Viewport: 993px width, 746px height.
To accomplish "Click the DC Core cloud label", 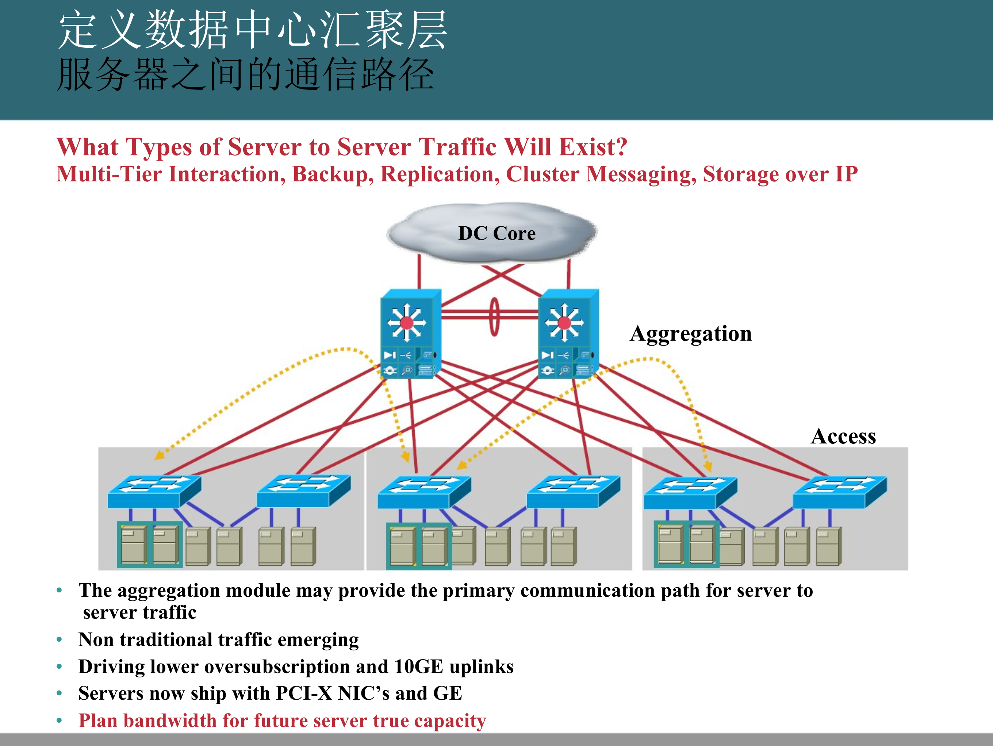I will (496, 233).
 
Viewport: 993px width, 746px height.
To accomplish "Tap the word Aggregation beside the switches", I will (690, 334).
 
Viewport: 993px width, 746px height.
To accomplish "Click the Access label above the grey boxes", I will (843, 436).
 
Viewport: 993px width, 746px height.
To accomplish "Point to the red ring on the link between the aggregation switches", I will (494, 316).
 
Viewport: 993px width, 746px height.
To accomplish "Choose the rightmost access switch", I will (839, 492).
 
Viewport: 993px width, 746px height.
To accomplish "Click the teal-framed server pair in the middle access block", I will (418, 546).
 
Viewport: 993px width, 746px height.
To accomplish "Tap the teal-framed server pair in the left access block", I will (149, 545).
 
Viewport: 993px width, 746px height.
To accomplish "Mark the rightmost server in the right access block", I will (828, 546).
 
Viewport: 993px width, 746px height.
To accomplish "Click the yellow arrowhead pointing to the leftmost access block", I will (158, 455).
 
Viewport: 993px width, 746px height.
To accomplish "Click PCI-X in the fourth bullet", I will (304, 693).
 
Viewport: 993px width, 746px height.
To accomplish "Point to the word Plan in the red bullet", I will (98, 721).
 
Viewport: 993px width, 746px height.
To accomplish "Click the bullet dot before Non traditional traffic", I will (59, 640).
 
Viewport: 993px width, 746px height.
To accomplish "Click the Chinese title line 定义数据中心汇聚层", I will (253, 31).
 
